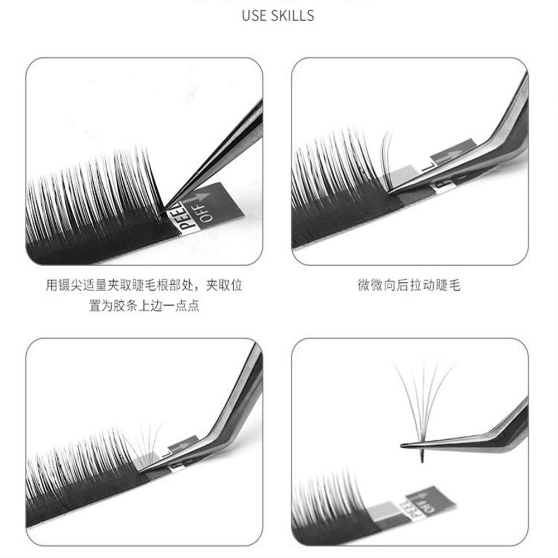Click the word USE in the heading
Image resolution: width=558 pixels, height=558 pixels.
coord(255,16)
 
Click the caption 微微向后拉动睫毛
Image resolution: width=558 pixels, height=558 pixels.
coord(409,286)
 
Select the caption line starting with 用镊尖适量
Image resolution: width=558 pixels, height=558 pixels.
coord(144,286)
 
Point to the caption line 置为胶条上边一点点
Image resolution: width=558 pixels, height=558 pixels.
coord(144,306)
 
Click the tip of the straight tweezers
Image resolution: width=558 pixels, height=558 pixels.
coord(163,211)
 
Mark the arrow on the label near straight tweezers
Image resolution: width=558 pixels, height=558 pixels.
coord(201,198)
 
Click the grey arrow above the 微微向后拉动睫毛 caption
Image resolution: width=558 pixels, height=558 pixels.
coord(452,153)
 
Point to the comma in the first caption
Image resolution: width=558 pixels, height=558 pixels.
coord(199,287)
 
